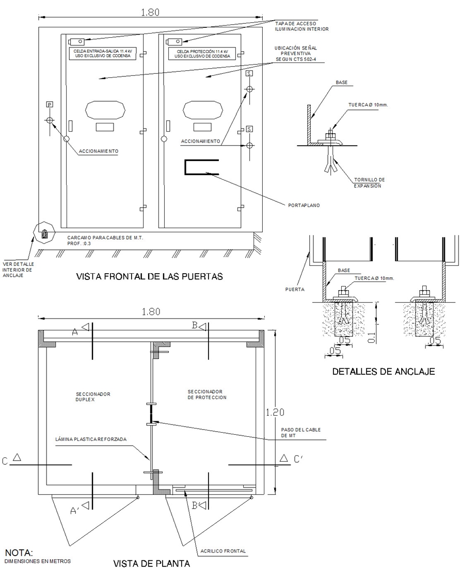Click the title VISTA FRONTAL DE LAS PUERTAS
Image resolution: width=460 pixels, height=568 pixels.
pyautogui.click(x=149, y=276)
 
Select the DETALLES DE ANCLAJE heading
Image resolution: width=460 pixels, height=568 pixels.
pyautogui.click(x=384, y=371)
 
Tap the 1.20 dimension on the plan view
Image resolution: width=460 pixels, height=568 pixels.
pyautogui.click(x=275, y=412)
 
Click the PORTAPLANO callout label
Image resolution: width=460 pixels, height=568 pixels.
pyautogui.click(x=304, y=206)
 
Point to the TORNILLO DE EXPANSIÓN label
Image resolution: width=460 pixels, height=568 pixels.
pyautogui.click(x=370, y=183)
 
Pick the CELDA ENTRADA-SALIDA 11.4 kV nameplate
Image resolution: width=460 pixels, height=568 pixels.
pyautogui.click(x=103, y=54)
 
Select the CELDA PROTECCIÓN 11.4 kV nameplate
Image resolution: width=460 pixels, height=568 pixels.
pyautogui.click(x=202, y=54)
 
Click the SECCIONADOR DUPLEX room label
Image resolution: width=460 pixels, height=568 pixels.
pyautogui.click(x=93, y=397)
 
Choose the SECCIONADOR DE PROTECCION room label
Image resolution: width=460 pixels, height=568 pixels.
pyautogui.click(x=207, y=395)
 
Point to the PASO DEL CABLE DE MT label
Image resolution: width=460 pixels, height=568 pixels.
pyautogui.click(x=300, y=433)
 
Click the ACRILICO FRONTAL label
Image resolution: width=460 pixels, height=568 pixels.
pyautogui.click(x=223, y=551)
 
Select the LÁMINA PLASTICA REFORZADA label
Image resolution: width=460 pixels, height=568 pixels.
pyautogui.click(x=91, y=439)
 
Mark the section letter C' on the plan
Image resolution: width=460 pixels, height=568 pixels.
pyautogui.click(x=298, y=459)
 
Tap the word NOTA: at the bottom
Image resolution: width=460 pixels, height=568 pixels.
pyautogui.click(x=19, y=553)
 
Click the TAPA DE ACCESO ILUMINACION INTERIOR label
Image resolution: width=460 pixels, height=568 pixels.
pyautogui.click(x=302, y=26)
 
